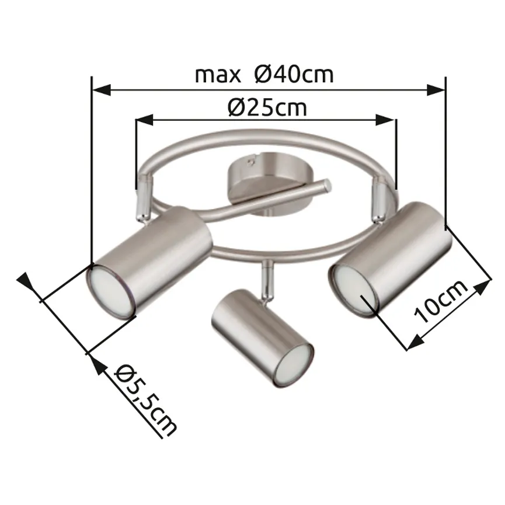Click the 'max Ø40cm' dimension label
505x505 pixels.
point(264,75)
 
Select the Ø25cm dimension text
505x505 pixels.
point(267,107)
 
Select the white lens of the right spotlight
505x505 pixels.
point(353,287)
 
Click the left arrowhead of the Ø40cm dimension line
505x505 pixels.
point(102,90)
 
